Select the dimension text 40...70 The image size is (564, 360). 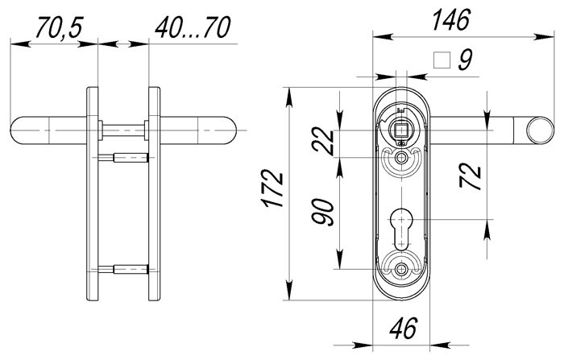coord(193,30)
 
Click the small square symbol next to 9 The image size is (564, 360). coord(441,60)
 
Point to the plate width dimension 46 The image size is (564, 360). coord(400,329)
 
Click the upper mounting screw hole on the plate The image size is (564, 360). coord(400,162)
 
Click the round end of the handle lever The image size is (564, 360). coord(537,129)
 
